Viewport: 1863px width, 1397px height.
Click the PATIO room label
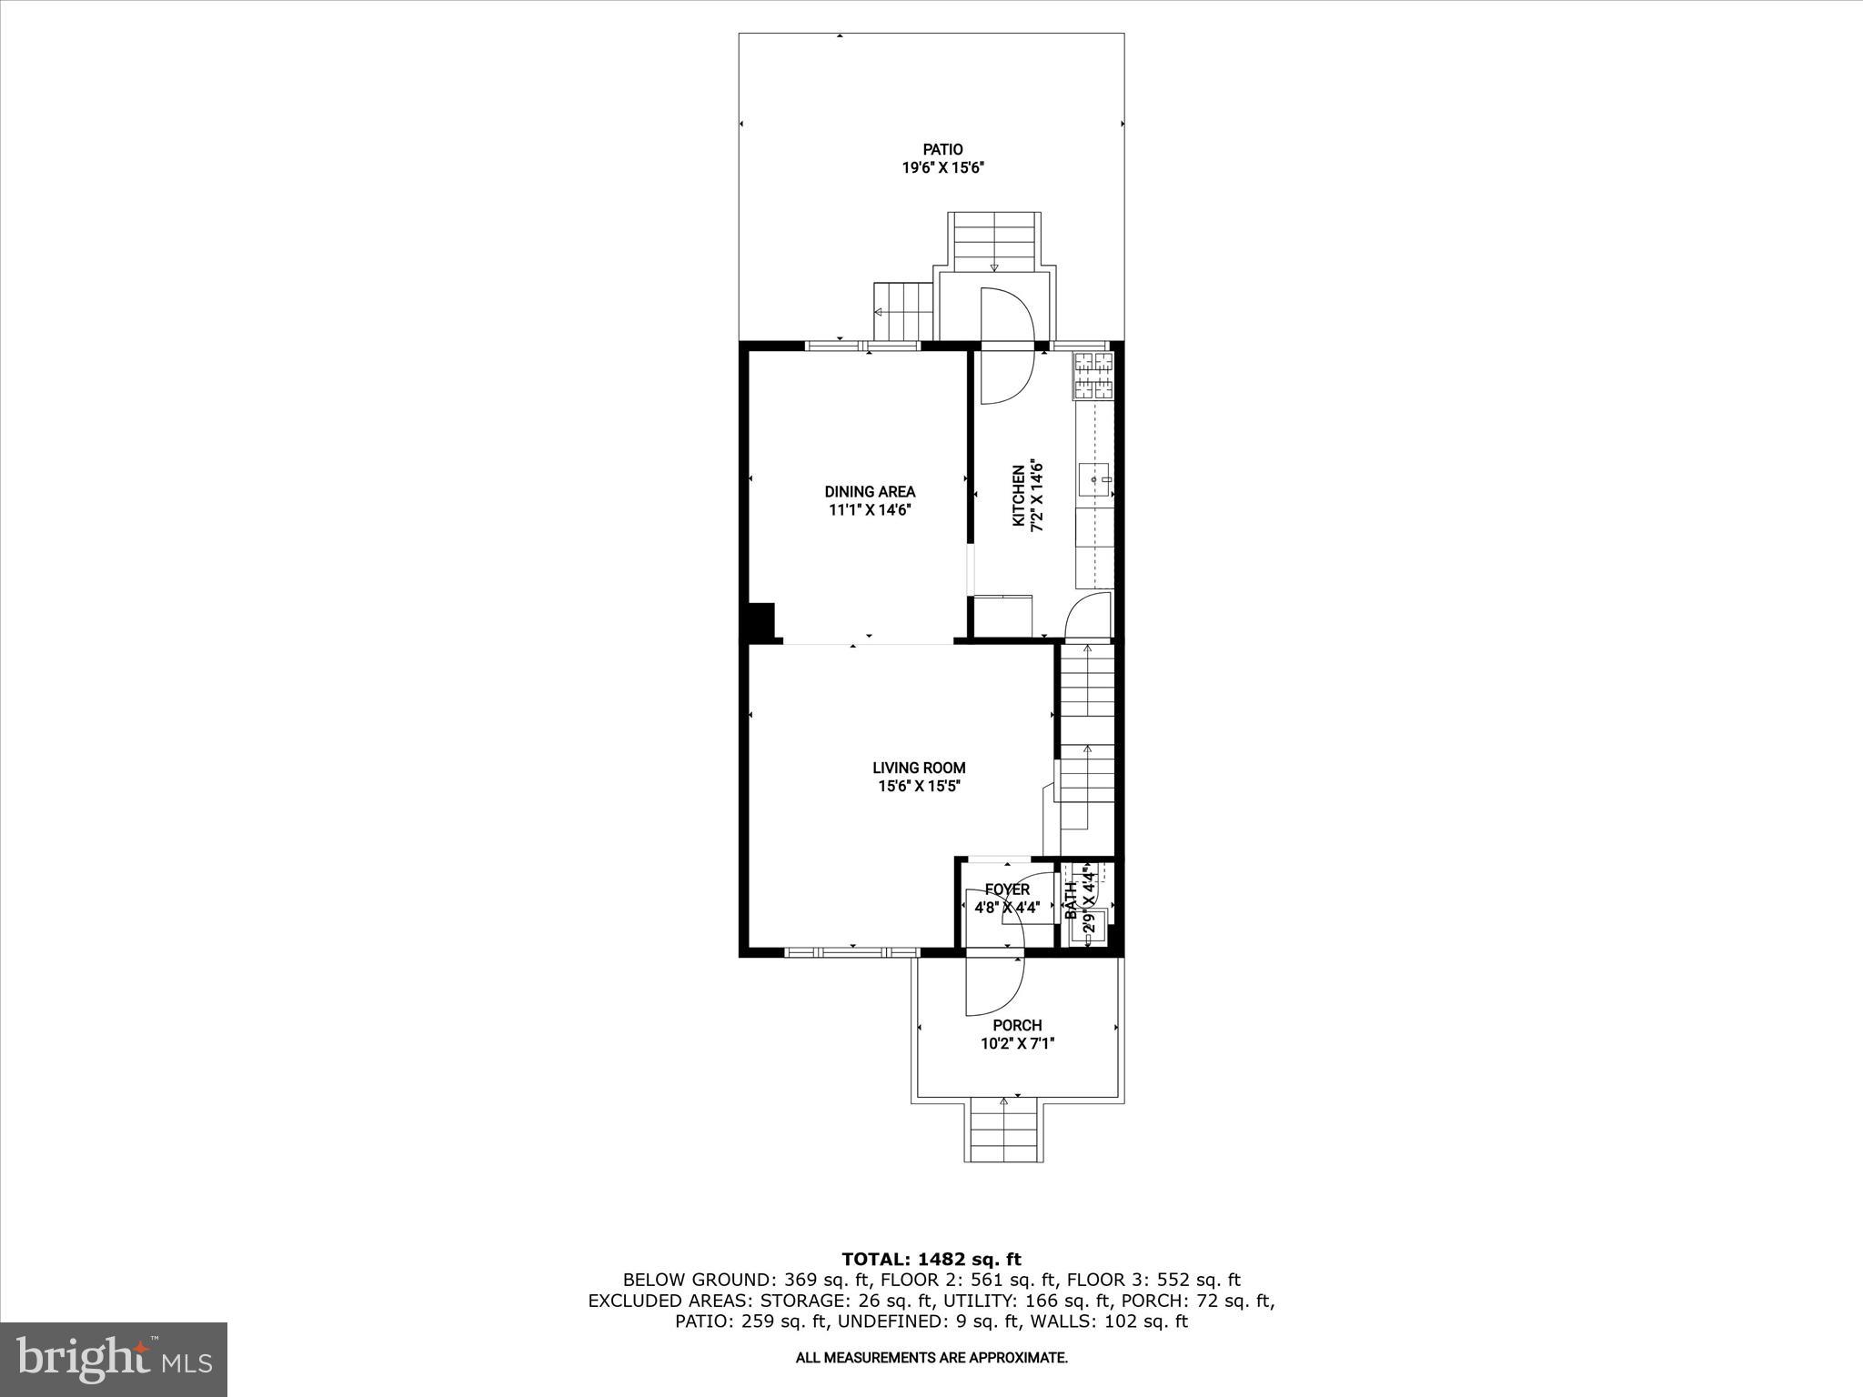point(942,149)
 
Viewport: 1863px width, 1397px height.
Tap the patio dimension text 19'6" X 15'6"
point(943,168)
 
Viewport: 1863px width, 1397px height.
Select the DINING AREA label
point(870,492)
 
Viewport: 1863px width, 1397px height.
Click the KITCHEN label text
point(1019,497)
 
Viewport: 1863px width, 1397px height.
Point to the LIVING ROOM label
point(919,768)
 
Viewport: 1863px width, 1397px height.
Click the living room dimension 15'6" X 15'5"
point(919,787)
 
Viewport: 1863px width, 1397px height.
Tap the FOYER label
point(1007,889)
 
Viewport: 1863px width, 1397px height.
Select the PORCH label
point(1017,1025)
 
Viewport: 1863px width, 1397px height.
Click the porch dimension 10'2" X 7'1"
point(1017,1044)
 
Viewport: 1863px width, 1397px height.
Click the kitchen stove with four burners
point(1093,376)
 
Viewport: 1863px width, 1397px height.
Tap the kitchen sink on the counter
point(1093,478)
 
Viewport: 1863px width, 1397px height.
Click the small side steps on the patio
point(904,311)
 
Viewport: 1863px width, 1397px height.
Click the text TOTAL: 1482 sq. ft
point(931,1259)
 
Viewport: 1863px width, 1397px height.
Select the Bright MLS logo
point(114,1360)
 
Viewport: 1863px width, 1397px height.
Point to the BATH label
point(1071,900)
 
